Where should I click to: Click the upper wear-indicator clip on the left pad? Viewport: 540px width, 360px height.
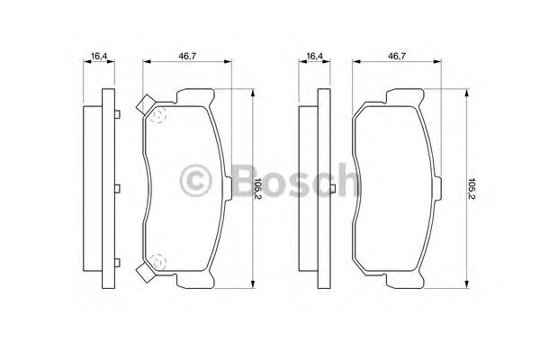click(x=144, y=106)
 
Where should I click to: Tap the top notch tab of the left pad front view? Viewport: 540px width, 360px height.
click(x=192, y=94)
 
